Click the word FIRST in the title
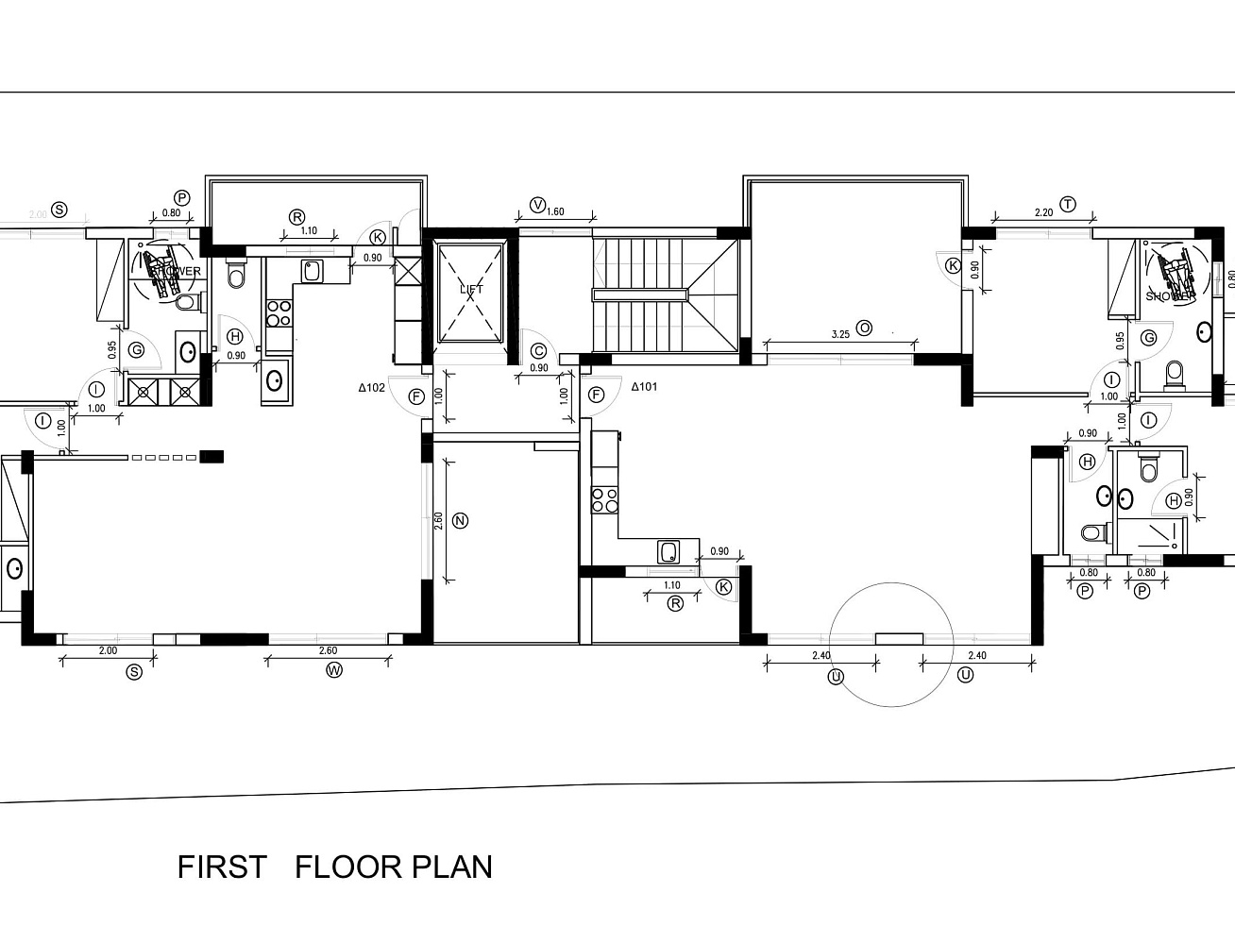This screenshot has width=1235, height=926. [222, 867]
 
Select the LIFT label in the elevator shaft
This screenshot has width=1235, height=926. [471, 289]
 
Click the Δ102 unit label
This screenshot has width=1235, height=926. [371, 387]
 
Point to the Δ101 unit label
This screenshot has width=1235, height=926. [644, 386]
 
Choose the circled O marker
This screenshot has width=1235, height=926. [864, 328]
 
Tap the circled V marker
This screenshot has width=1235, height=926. [538, 205]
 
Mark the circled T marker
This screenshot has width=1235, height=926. [1068, 205]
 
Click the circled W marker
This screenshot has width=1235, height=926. [333, 670]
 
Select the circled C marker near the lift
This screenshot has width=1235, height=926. [538, 351]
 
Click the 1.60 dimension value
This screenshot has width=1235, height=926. [555, 212]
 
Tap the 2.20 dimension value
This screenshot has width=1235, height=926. [1043, 213]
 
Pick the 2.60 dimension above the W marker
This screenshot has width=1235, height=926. [328, 650]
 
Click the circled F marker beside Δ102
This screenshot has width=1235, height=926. [416, 396]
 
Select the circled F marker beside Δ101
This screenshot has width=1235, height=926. [596, 395]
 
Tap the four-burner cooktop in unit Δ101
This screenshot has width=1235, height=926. [604, 500]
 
